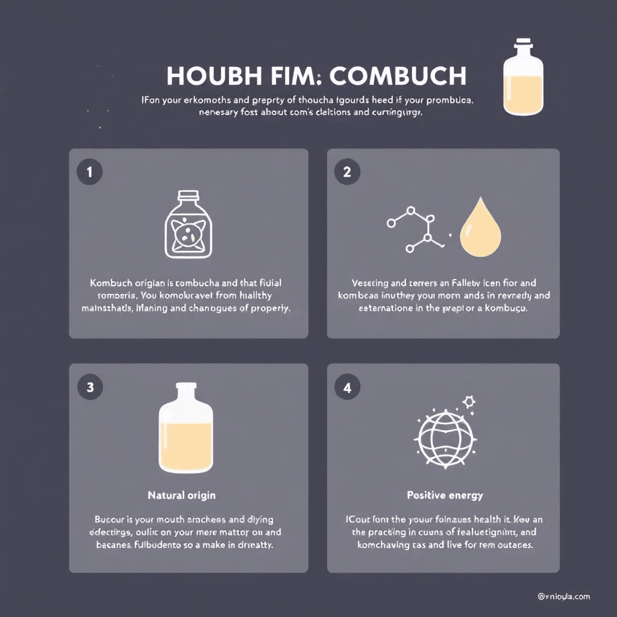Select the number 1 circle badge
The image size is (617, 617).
click(90, 171)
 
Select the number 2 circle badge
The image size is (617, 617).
click(347, 171)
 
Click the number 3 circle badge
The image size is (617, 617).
click(90, 387)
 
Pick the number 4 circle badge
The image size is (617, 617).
click(347, 387)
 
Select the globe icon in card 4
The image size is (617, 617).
click(444, 437)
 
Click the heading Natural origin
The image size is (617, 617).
click(181, 495)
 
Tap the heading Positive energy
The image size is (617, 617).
click(445, 495)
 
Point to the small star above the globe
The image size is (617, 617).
click(468, 400)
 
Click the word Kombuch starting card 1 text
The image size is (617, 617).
click(112, 282)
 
